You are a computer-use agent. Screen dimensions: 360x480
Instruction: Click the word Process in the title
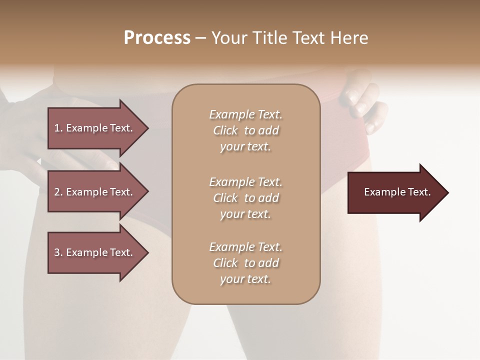(157, 38)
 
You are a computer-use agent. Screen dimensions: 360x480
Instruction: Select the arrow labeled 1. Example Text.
(95, 128)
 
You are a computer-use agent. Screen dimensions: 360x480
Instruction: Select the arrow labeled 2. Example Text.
(95, 192)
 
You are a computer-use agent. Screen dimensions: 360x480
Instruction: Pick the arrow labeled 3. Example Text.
(95, 252)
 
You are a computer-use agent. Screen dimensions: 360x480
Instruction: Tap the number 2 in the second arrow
(57, 192)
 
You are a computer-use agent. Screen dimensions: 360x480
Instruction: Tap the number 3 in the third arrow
(57, 252)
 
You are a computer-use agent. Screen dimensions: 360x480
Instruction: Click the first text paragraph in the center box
(245, 130)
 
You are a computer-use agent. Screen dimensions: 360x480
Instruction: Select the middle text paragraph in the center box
(245, 198)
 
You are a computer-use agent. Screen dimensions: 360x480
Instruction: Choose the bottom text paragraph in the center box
(245, 263)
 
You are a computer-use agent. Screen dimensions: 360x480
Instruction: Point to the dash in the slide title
(200, 38)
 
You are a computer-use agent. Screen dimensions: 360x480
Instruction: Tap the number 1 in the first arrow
(57, 128)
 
